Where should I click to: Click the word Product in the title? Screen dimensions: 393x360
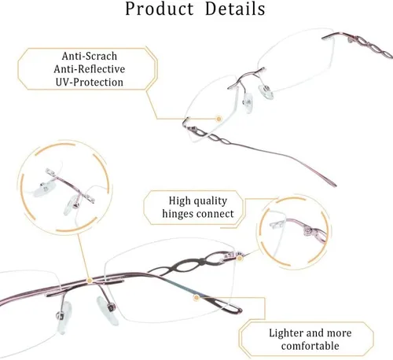click(x=159, y=9)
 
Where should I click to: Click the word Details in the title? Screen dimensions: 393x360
click(x=235, y=9)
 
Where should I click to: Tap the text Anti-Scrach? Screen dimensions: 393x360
click(x=90, y=56)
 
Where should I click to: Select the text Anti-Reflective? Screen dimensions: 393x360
click(x=90, y=69)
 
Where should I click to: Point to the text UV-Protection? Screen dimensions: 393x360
click(x=90, y=83)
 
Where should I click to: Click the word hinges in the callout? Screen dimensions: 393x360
click(x=177, y=214)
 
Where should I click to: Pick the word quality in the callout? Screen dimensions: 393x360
click(x=211, y=201)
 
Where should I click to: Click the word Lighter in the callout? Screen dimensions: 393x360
click(x=285, y=333)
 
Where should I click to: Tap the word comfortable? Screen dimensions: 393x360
click(x=310, y=346)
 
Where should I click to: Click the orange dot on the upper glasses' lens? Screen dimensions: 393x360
click(x=219, y=119)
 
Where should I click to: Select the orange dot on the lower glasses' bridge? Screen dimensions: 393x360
click(x=90, y=281)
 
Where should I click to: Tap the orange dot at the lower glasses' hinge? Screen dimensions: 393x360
click(x=239, y=259)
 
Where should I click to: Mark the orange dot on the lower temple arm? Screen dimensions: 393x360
click(x=196, y=298)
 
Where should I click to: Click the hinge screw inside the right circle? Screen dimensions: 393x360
click(x=309, y=231)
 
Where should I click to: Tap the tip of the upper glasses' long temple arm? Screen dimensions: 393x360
click(x=334, y=185)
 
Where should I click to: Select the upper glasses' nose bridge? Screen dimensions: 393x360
click(x=246, y=78)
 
